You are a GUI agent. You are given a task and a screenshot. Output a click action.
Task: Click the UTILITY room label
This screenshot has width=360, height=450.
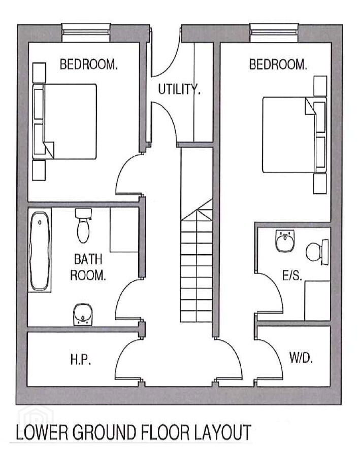pyautogui.click(x=179, y=89)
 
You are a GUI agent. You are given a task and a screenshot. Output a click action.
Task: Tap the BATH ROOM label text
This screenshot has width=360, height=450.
pyautogui.click(x=88, y=267)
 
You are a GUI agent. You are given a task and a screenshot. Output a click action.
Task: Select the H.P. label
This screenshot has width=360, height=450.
pyautogui.click(x=81, y=359)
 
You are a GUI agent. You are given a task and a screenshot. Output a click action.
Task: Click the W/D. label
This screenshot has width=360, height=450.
pyautogui.click(x=301, y=357)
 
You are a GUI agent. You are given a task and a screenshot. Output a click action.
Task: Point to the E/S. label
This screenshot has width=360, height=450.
pyautogui.click(x=292, y=275)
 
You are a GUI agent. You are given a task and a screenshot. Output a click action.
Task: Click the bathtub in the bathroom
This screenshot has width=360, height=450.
pyautogui.click(x=40, y=251)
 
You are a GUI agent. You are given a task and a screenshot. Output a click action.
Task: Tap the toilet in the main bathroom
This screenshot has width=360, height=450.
pyautogui.click(x=83, y=226)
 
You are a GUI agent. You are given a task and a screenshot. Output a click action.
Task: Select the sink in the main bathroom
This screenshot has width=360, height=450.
pyautogui.click(x=83, y=315)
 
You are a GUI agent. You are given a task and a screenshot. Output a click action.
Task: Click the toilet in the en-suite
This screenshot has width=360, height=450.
pyautogui.click(x=317, y=252)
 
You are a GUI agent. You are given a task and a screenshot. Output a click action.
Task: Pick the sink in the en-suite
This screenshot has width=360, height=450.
pyautogui.click(x=285, y=240)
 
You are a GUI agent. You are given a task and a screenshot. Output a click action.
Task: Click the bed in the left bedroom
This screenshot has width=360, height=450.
pyautogui.click(x=64, y=121)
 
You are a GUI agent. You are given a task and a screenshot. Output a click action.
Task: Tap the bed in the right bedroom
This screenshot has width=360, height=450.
pyautogui.click(x=294, y=135)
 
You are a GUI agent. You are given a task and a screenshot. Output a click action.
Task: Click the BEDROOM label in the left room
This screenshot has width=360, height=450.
pyautogui.click(x=89, y=64)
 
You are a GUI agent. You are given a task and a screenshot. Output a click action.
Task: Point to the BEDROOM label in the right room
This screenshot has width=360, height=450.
pyautogui.click(x=278, y=64)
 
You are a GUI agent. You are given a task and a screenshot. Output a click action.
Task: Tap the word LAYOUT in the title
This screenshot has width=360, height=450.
pyautogui.click(x=222, y=432)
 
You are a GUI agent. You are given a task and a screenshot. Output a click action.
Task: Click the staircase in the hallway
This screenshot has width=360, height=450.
pyautogui.click(x=197, y=234)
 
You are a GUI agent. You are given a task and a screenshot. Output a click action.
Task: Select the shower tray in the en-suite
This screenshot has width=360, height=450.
pyautogui.click(x=317, y=300)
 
